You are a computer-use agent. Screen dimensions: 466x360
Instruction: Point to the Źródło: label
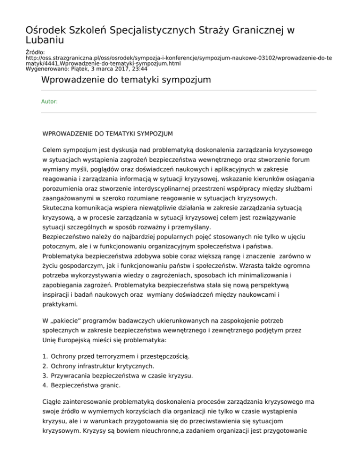pyautogui.click(x=35, y=53)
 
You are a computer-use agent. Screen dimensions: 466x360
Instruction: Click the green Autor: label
pyautogui.click(x=49, y=101)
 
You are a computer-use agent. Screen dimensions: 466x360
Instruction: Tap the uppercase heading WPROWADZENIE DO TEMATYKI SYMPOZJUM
pyautogui.click(x=107, y=134)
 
